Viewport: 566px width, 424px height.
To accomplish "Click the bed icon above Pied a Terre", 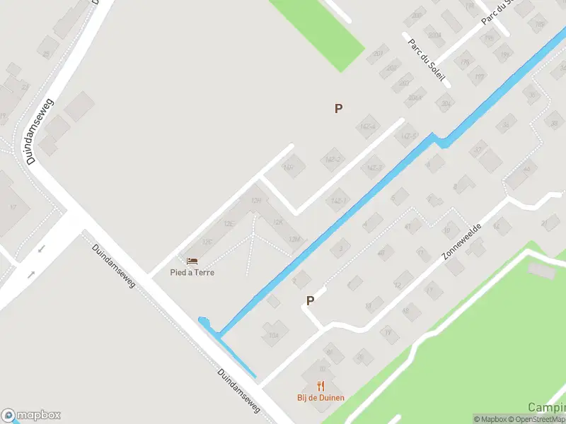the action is [x=192, y=261].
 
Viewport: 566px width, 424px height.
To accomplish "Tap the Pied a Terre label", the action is [x=192, y=272].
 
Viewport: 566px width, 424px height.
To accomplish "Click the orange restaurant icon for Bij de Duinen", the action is [x=320, y=386].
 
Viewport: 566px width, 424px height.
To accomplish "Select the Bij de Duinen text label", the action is [x=320, y=397].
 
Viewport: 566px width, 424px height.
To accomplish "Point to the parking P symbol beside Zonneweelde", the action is [x=310, y=300].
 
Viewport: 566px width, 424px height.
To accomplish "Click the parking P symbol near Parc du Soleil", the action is [x=338, y=108].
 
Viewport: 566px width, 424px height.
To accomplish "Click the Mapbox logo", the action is [x=31, y=416].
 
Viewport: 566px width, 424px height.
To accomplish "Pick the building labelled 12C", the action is [x=207, y=242].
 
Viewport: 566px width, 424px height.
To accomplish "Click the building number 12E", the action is [x=229, y=223].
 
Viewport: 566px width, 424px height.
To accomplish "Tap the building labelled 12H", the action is [x=256, y=201].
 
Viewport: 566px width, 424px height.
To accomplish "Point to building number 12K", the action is [x=278, y=223].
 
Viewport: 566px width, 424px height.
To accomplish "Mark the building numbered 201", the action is [x=379, y=53].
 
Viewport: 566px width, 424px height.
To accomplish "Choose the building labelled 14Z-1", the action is [x=338, y=201].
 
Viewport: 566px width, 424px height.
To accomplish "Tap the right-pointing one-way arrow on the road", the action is [x=30, y=273].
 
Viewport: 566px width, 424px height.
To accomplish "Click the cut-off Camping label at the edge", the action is [x=547, y=408].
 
